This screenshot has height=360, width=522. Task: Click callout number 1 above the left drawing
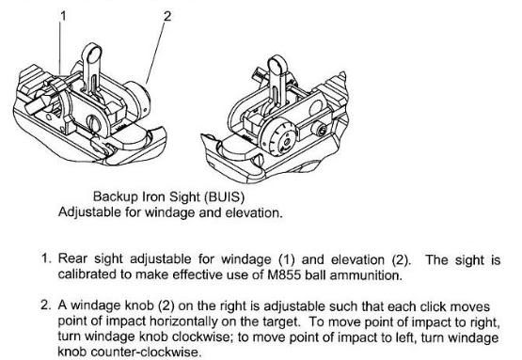63,16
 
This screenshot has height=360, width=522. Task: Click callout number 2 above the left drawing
167,16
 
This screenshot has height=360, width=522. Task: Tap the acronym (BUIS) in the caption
225,197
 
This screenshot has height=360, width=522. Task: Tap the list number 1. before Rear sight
46,258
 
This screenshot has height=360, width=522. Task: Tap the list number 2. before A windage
46,305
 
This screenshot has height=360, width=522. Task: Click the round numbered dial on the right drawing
278,138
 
